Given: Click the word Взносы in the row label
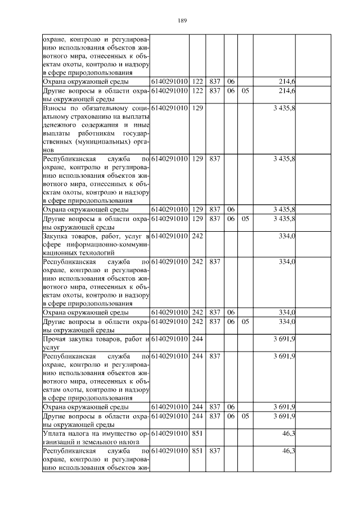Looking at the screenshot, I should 56,107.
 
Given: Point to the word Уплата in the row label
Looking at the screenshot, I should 55,434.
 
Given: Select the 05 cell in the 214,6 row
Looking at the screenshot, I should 245,90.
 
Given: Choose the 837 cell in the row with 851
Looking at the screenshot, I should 214,451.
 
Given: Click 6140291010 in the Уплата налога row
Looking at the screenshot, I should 169,434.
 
